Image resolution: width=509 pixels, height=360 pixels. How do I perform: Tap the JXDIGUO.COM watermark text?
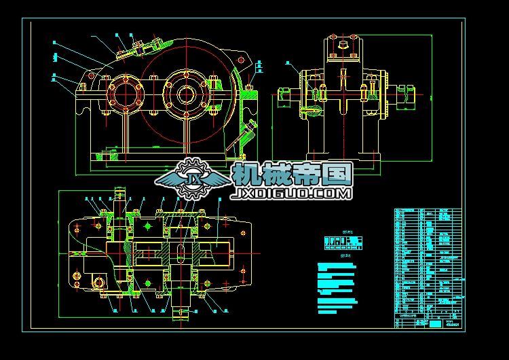(x=292, y=194)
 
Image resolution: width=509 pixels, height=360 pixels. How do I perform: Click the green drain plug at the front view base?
(x=105, y=157)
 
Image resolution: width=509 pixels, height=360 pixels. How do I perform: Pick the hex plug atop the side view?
(x=341, y=46)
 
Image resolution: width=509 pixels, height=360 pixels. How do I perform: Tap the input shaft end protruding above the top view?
(x=122, y=198)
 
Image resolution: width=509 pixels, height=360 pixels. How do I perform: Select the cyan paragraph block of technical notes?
(x=336, y=289)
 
